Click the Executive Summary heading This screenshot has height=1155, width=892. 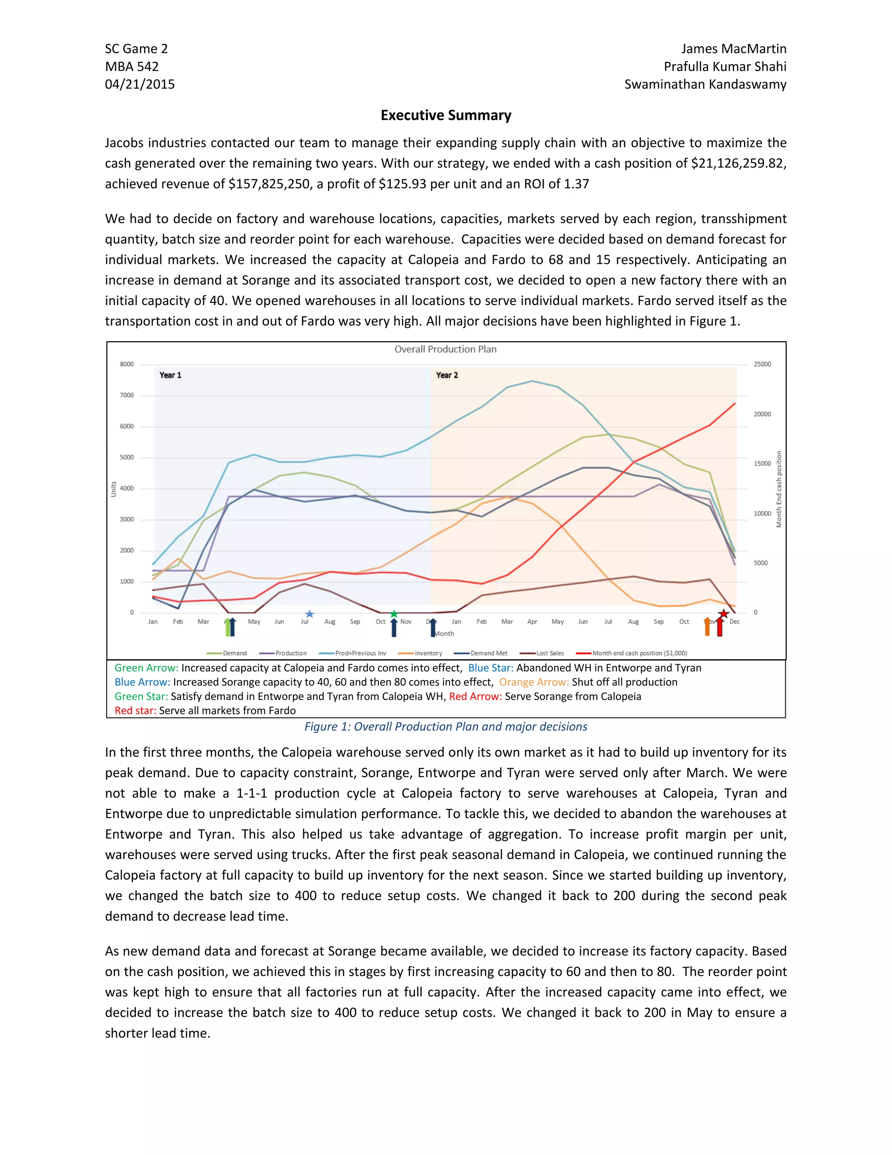click(446, 115)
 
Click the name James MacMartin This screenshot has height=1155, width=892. click(733, 49)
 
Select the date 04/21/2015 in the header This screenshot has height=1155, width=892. click(139, 84)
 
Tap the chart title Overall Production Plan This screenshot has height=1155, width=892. click(445, 349)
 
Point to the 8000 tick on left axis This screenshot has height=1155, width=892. click(126, 364)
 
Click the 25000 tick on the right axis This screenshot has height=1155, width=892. click(762, 364)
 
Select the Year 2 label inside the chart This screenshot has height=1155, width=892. click(446, 375)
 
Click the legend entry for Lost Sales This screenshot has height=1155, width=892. click(550, 653)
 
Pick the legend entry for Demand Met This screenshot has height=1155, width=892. click(488, 653)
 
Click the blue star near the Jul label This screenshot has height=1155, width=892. click(310, 614)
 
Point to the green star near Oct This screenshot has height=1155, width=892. click(394, 614)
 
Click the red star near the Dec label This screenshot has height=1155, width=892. click(723, 614)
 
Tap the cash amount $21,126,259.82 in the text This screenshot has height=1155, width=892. click(738, 163)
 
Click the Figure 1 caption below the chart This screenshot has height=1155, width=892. click(446, 727)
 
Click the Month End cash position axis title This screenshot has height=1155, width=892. click(778, 489)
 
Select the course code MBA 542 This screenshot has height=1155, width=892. click(132, 67)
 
